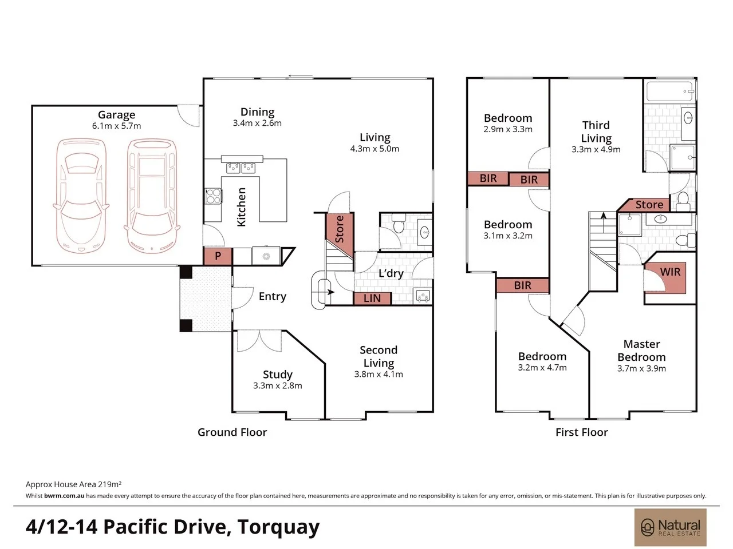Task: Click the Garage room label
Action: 117,115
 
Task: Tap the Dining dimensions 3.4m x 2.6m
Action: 257,123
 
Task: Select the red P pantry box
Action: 218,256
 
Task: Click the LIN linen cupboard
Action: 372,298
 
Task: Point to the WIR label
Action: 670,272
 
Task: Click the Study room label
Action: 278,375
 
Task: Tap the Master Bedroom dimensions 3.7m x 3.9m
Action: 641,368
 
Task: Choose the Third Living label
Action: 596,132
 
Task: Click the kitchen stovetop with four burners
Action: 213,196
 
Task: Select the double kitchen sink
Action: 241,168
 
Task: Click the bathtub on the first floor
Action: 670,91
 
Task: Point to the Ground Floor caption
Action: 232,432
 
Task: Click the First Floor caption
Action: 581,432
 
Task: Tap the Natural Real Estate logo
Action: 670,527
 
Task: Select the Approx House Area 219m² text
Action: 73,484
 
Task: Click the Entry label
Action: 273,296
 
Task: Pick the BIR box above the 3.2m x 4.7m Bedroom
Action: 523,285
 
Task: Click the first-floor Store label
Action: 649,204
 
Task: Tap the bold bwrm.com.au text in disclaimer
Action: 64,496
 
